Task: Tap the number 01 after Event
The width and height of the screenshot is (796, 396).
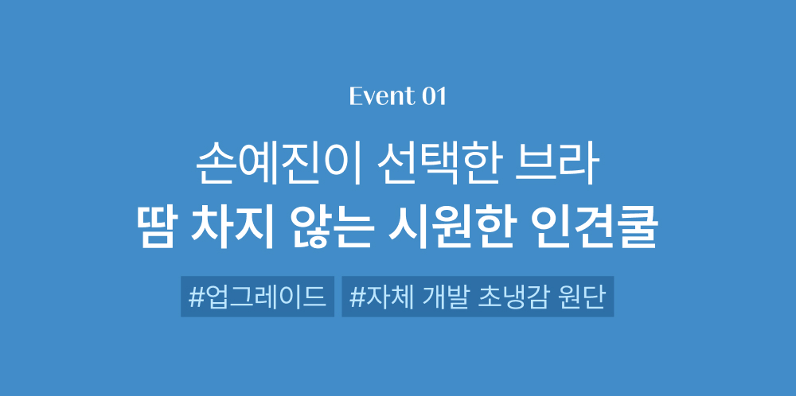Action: click(434, 96)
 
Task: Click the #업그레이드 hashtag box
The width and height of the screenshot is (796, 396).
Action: click(257, 297)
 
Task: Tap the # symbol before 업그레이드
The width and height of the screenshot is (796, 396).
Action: click(196, 297)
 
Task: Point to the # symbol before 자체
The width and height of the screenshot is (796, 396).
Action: click(357, 297)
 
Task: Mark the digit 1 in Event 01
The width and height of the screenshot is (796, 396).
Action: click(441, 97)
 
